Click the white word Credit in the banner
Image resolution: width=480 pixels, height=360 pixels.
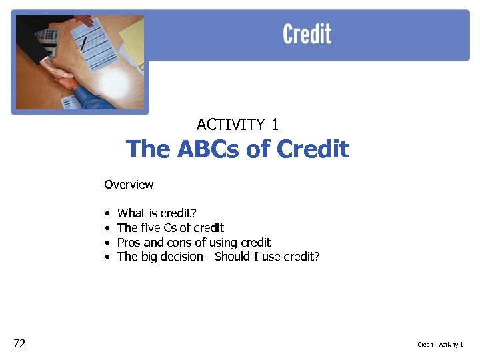point(307,34)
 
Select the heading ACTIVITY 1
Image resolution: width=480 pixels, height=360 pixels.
point(238,125)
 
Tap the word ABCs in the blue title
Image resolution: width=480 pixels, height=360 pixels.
point(207,149)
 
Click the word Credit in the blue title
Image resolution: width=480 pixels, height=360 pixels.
point(313,149)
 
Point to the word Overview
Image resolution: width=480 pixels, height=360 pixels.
point(129,185)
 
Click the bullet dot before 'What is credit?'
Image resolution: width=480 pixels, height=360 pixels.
point(107,214)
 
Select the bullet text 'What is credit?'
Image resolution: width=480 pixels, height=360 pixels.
point(157,213)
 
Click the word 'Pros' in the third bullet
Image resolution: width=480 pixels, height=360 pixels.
point(129,243)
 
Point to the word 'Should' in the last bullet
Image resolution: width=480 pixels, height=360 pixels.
point(231,257)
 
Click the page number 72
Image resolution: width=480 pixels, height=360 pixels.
point(19,343)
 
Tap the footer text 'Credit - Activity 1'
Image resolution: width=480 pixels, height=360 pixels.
point(440,345)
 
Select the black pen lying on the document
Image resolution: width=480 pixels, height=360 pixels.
point(84,43)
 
